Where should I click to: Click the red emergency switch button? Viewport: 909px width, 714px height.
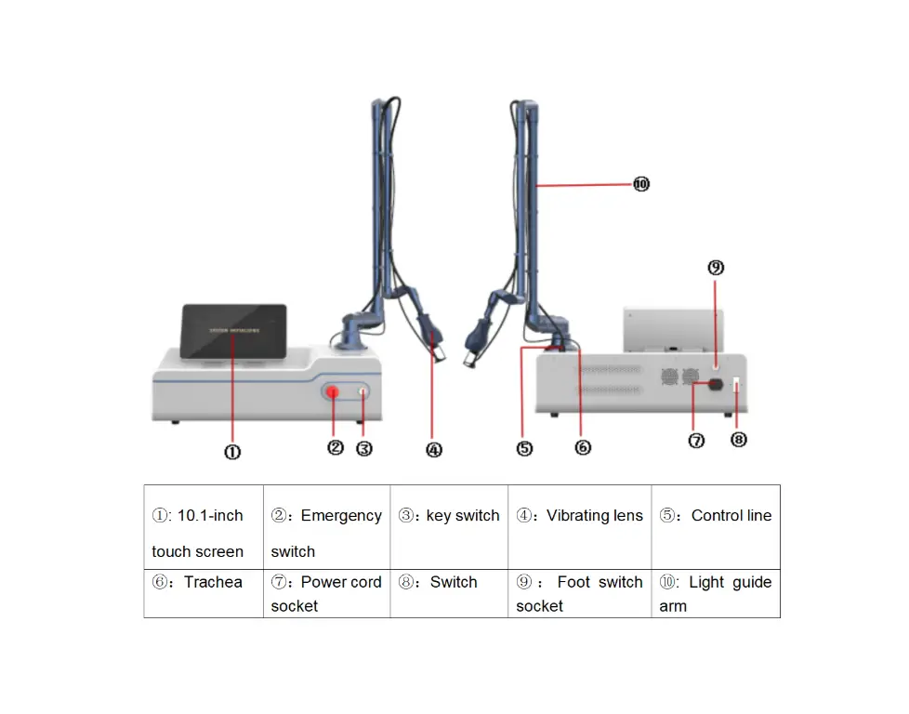[x=333, y=393]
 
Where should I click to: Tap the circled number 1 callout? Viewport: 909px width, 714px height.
[x=232, y=452]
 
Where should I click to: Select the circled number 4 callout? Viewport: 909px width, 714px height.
[x=434, y=450]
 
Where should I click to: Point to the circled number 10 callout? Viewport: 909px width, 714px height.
[x=640, y=184]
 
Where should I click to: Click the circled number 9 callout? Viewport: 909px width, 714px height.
[x=716, y=268]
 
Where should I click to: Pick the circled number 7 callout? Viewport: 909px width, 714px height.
[x=697, y=441]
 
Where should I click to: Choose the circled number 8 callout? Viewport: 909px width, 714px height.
[x=739, y=440]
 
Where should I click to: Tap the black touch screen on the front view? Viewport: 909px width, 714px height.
[x=233, y=330]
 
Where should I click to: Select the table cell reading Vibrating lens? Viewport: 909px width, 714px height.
[x=580, y=526]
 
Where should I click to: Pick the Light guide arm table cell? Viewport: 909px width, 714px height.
[x=716, y=593]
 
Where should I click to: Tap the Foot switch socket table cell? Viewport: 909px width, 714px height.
[x=580, y=593]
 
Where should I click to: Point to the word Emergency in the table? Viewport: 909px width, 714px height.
[x=340, y=516]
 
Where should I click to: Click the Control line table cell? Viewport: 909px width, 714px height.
[x=716, y=526]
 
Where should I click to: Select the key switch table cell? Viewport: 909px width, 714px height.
[x=449, y=526]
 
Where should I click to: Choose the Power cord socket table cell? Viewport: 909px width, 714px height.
[x=326, y=593]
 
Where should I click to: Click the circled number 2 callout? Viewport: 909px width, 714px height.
[x=336, y=447]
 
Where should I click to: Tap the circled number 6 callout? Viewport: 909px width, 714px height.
[x=583, y=447]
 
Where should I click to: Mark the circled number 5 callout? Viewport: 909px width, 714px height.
[x=525, y=448]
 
